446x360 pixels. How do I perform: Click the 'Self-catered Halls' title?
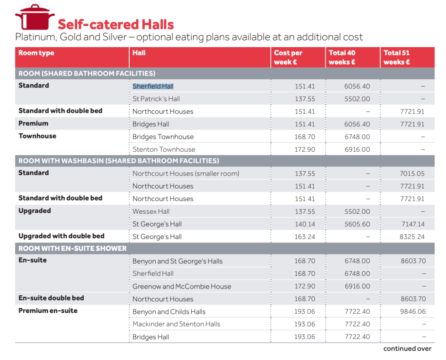(x=116, y=24)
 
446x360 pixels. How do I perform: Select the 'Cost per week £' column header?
(x=288, y=57)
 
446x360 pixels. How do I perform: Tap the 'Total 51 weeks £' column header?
(x=396, y=57)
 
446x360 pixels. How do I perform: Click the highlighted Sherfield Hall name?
(x=153, y=86)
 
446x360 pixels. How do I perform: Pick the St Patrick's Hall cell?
(x=156, y=99)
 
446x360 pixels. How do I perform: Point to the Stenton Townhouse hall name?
(x=164, y=149)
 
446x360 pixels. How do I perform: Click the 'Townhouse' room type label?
(x=37, y=136)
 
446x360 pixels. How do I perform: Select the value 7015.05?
(x=412, y=174)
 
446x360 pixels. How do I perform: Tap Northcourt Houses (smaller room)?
(x=186, y=174)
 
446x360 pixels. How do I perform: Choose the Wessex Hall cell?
(x=151, y=212)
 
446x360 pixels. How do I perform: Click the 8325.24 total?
(x=412, y=237)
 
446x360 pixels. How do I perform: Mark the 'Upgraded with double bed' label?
(x=62, y=236)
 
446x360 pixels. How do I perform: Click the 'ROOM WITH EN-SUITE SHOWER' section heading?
(x=73, y=248)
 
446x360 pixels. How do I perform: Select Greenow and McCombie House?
(x=182, y=286)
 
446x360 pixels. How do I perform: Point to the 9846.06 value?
(x=413, y=312)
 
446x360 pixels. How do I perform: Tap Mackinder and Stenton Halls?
(x=176, y=324)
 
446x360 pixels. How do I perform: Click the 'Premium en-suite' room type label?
(x=48, y=311)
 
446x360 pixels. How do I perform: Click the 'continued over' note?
(x=407, y=348)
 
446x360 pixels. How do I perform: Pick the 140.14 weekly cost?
(x=305, y=224)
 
